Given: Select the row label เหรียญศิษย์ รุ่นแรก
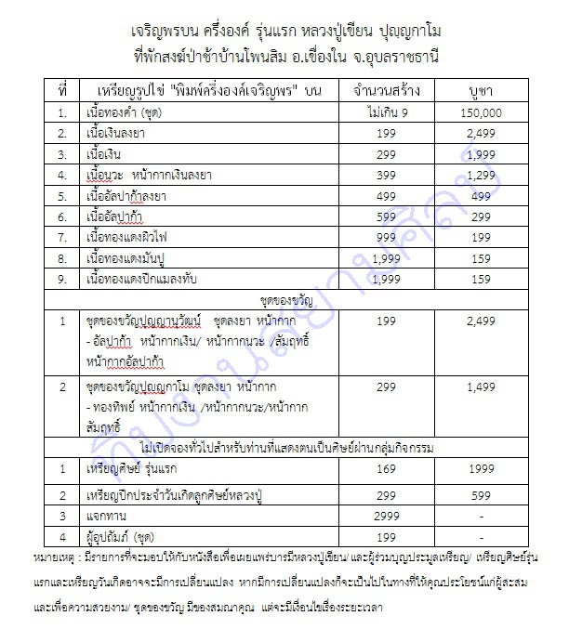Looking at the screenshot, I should [x=127, y=471].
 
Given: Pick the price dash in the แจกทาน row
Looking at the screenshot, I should [x=480, y=515].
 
